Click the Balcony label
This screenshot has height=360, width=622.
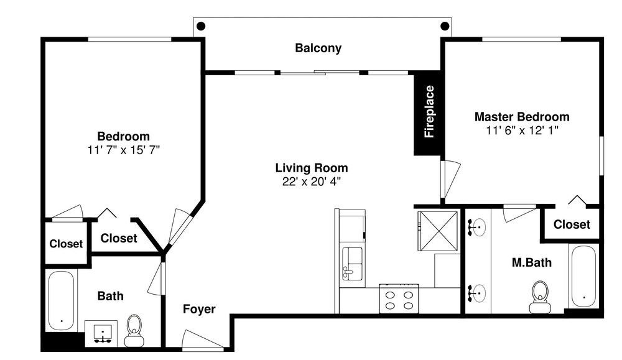pyautogui.click(x=318, y=48)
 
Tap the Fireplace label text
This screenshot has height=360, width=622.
pyautogui.click(x=429, y=112)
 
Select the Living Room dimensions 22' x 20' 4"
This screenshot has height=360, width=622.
pyautogui.click(x=312, y=182)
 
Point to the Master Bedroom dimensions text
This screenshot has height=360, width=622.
pyautogui.click(x=522, y=130)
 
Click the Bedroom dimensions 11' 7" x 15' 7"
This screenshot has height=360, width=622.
pyautogui.click(x=123, y=150)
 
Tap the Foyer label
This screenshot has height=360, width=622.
pyautogui.click(x=199, y=309)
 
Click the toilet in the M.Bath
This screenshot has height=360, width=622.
pyautogui.click(x=540, y=297)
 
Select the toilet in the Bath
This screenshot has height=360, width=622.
pyautogui.click(x=134, y=331)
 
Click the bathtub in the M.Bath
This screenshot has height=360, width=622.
pyautogui.click(x=583, y=276)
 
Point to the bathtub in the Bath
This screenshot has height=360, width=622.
pyautogui.click(x=61, y=300)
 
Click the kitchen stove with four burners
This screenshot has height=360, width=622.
pyautogui.click(x=399, y=298)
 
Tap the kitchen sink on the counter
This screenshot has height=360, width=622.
pyautogui.click(x=353, y=264)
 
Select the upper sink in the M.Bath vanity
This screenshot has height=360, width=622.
pyautogui.click(x=477, y=227)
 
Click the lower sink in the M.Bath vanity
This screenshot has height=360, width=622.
pyautogui.click(x=477, y=293)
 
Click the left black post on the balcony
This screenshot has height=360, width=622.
pyautogui.click(x=201, y=26)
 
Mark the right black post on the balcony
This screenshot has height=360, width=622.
pyautogui.click(x=445, y=26)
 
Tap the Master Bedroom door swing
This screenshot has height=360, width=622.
pyautogui.click(x=450, y=179)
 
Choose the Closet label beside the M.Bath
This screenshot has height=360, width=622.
pyautogui.click(x=572, y=224)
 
